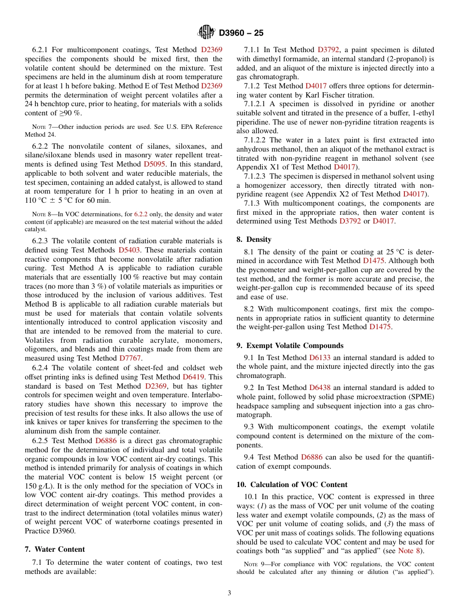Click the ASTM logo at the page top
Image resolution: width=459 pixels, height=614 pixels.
[206, 32]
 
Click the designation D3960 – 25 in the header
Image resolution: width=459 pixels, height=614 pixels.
[241, 33]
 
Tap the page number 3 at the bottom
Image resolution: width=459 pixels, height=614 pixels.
[229, 593]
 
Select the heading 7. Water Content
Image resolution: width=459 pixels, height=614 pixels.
[55, 549]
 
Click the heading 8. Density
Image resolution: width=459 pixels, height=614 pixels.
[254, 239]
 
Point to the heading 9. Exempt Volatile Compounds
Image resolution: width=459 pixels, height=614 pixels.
[290, 346]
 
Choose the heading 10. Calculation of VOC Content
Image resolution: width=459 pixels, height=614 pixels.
[292, 485]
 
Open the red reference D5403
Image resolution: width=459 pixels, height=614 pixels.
[130, 250]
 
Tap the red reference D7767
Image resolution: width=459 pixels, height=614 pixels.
[130, 358]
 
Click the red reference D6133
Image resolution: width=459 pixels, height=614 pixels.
[321, 358]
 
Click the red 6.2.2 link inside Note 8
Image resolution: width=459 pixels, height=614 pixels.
[141, 214]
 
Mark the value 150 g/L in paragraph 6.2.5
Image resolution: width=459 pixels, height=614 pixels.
[39, 486]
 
